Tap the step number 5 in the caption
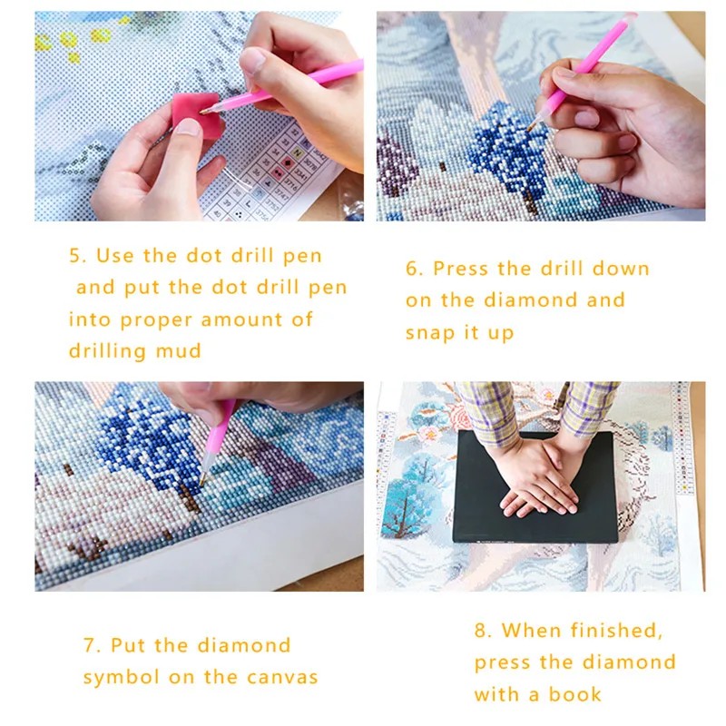pos(76,256)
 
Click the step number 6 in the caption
pos(413,269)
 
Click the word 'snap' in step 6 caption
pos(431,333)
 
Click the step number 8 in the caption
pos(481,630)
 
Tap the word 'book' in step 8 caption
pos(574,694)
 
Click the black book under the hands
pos(535,490)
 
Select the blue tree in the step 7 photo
pos(141,436)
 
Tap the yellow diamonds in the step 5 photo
pos(68,40)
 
